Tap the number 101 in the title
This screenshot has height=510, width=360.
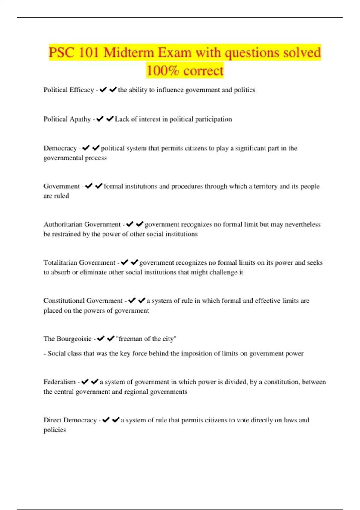89,53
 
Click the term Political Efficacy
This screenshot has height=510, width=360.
69,90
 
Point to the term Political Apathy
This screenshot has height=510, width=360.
67,119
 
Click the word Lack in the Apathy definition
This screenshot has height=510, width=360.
121,119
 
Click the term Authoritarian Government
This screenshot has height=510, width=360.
82,224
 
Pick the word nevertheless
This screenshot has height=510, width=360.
303,224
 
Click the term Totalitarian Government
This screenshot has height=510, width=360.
79,262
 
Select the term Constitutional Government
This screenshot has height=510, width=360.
83,301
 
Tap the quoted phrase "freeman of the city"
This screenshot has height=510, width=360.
146,339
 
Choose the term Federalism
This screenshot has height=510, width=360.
60,382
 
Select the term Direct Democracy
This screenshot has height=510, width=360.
70,420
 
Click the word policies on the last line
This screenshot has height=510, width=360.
55,430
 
